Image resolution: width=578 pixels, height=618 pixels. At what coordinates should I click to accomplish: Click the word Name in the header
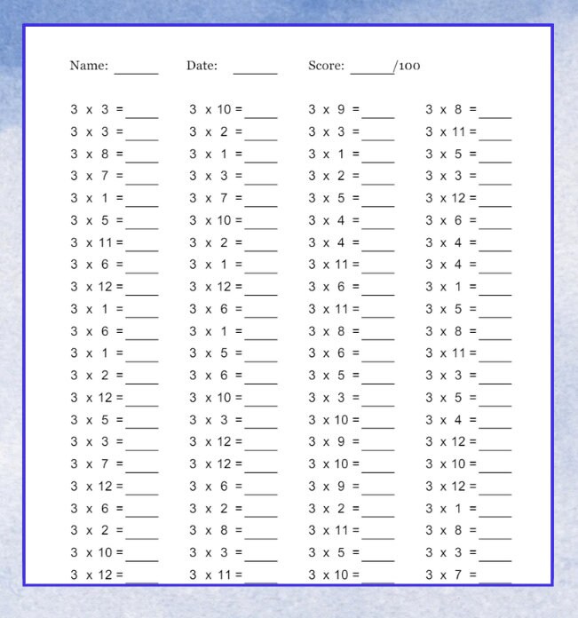[x=89, y=66]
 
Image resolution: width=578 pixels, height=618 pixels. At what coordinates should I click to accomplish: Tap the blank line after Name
[x=136, y=71]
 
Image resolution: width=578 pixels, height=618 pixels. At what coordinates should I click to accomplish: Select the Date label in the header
[x=202, y=66]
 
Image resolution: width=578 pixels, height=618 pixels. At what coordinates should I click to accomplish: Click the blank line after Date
[x=255, y=71]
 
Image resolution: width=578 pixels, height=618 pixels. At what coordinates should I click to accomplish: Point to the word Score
[x=326, y=66]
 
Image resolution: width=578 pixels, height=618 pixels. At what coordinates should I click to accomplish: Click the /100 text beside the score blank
[x=408, y=66]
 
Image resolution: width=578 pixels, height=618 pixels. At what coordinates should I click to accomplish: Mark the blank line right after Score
[x=371, y=71]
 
